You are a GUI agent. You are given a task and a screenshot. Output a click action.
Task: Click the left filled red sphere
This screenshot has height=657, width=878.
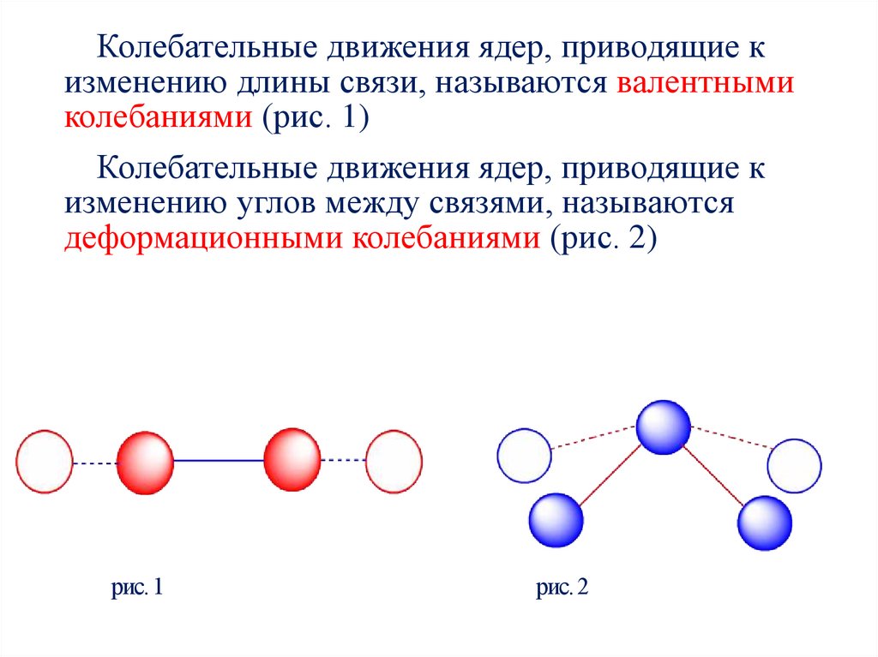pos(144,462)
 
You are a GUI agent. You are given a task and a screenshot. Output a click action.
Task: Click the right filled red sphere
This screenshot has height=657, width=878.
pos(292,462)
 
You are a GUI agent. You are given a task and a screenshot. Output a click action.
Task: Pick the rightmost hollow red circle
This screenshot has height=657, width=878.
pos(394,461)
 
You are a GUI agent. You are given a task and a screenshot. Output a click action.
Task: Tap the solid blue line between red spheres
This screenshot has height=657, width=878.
pos(219,462)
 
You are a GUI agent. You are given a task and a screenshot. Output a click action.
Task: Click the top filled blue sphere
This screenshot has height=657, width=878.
pos(664,427)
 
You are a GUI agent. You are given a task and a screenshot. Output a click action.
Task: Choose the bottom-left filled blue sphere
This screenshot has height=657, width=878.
pos(556,519)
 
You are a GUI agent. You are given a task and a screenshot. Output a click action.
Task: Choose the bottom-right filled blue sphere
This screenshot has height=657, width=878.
pos(765,522)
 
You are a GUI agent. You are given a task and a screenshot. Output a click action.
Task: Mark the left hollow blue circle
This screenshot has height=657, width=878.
pos(525,455)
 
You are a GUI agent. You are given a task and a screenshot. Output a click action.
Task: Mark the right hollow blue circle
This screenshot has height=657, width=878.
pos(794,467)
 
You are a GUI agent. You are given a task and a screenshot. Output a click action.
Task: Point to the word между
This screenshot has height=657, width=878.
pos(394,204)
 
